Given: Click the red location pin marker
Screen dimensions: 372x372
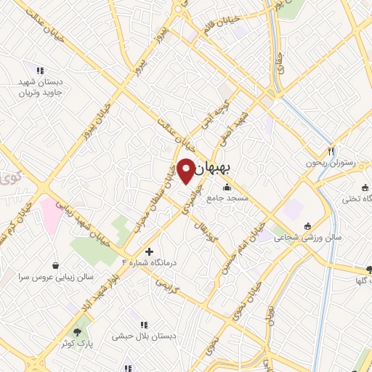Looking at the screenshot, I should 186,171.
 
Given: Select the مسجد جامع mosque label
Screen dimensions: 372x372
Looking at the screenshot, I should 227,198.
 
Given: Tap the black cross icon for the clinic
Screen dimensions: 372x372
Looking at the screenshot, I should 150,251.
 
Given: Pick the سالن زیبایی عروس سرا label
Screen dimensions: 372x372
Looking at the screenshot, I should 57,278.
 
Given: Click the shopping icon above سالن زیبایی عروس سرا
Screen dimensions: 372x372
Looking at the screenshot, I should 57,267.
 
